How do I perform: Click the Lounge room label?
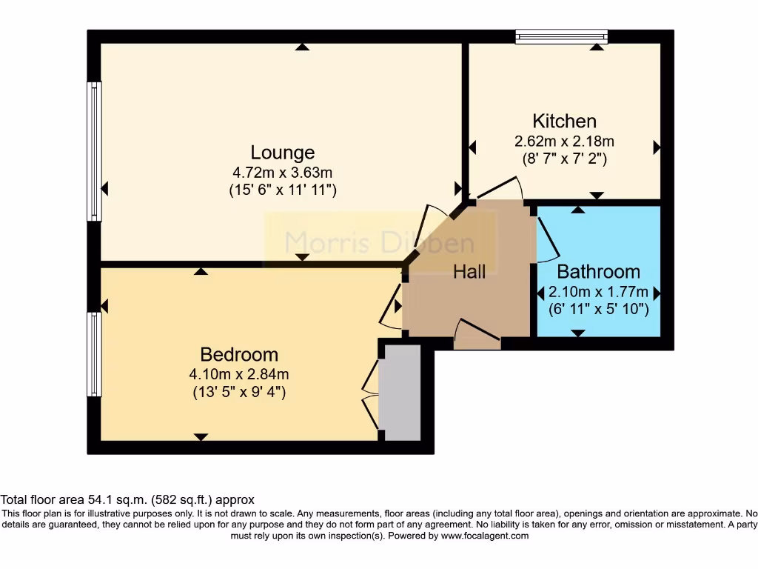(283, 153)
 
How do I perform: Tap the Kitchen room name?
(564, 121)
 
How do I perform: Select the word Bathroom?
(598, 271)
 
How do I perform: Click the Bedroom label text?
(239, 354)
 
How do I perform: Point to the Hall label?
(469, 272)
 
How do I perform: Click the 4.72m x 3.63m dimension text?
(283, 172)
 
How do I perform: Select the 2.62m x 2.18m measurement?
(564, 141)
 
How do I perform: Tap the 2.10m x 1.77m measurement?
(598, 291)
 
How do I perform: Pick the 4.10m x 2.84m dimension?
(239, 373)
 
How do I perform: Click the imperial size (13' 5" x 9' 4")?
(239, 392)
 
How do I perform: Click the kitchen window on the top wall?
(561, 36)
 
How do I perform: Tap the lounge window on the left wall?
(94, 151)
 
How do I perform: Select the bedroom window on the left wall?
(94, 354)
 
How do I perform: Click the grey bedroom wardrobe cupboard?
(400, 393)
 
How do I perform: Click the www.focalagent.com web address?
(485, 536)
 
